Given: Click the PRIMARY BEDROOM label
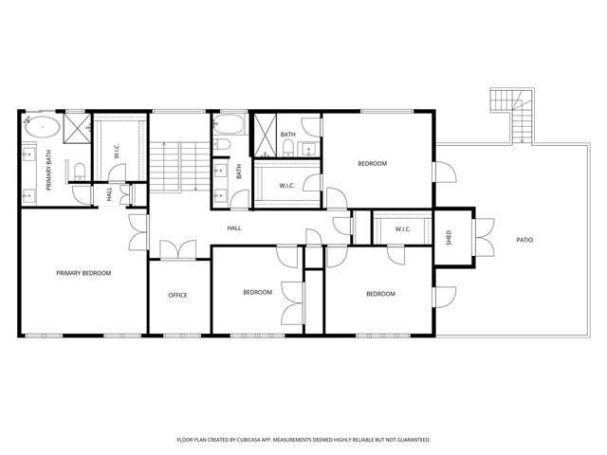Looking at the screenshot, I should (83, 273).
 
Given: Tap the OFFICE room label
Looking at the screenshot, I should (177, 295).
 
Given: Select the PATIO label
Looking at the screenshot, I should (524, 240).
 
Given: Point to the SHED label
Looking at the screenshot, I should (450, 238).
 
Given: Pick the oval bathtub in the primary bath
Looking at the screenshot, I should (45, 127).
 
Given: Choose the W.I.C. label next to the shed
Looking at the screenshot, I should (402, 228).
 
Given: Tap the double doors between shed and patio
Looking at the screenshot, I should (483, 237).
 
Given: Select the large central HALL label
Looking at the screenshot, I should (233, 228).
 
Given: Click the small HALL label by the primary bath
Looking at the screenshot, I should (110, 194).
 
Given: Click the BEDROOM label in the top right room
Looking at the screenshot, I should (372, 164).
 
